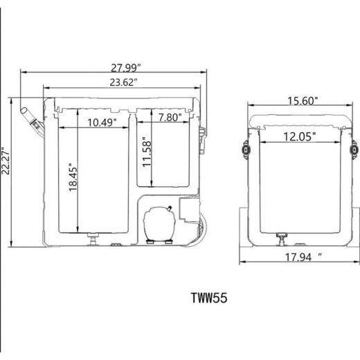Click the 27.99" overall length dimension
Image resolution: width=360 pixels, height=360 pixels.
click(126, 68)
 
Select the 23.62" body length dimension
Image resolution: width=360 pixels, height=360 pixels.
click(124, 82)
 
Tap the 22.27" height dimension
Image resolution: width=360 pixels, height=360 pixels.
click(6, 161)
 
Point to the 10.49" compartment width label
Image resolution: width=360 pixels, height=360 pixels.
click(102, 123)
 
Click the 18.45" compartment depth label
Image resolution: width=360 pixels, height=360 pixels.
click(73, 177)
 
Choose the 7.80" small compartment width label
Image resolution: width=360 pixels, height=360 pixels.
click(170, 118)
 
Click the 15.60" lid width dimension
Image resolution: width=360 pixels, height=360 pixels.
click(303, 101)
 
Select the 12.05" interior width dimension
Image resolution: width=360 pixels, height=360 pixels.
click(299, 136)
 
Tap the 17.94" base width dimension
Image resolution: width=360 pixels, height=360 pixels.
click(303, 258)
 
